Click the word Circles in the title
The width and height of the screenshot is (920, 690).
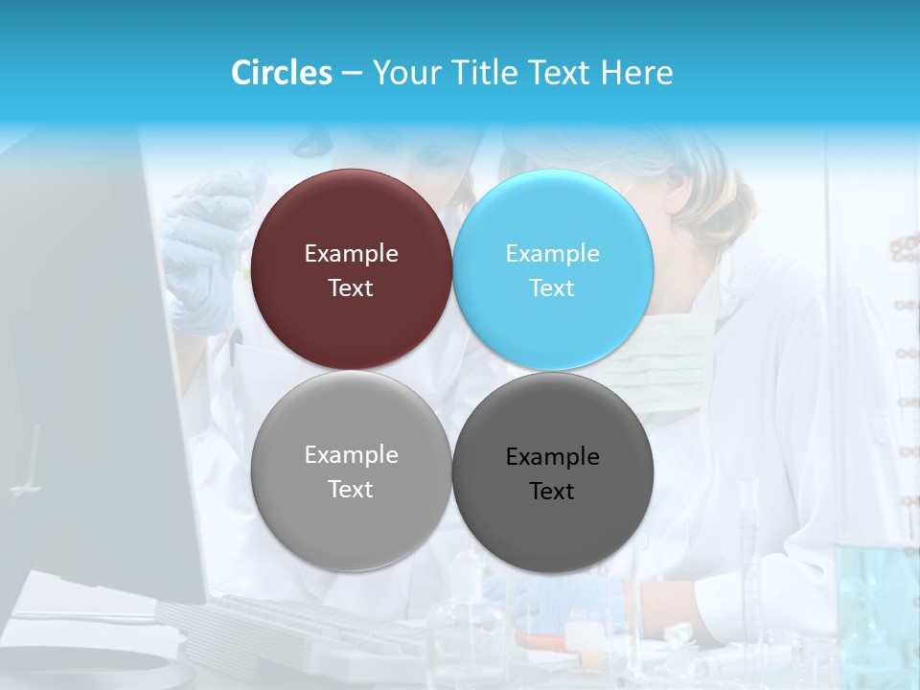point(282,73)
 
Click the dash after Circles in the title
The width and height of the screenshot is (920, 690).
point(352,74)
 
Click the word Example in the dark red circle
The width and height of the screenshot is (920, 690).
point(351,254)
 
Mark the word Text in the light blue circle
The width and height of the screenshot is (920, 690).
point(552,288)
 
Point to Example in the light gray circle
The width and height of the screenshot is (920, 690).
point(351,455)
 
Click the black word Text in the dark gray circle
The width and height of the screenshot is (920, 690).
point(552,492)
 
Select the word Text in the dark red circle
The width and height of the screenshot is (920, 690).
point(351,288)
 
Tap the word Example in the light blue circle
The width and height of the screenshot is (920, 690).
point(552,254)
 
